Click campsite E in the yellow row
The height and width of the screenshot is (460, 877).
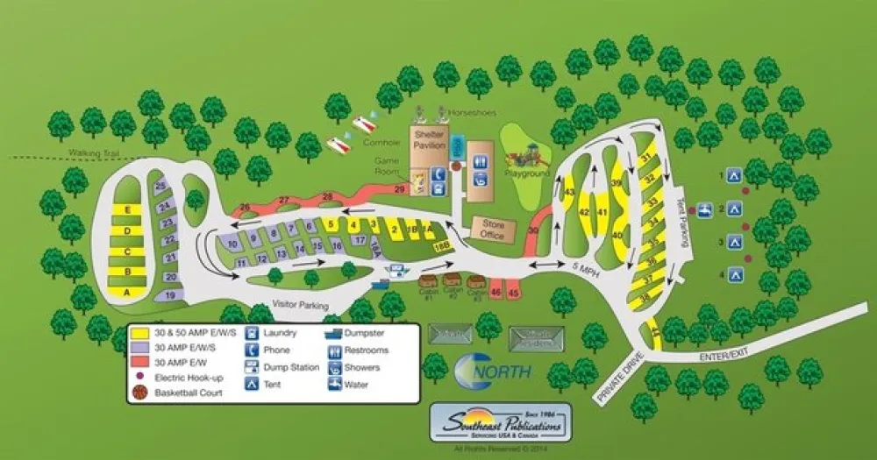128,210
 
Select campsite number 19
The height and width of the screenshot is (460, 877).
169,295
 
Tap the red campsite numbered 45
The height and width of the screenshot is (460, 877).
514,292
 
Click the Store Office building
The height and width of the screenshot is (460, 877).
493,229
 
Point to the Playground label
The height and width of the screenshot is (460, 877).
527,173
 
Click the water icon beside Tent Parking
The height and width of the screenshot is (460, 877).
703,209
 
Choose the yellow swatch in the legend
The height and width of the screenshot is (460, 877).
139,333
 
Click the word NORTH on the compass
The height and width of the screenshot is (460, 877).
503,372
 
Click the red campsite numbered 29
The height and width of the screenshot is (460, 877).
400,189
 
